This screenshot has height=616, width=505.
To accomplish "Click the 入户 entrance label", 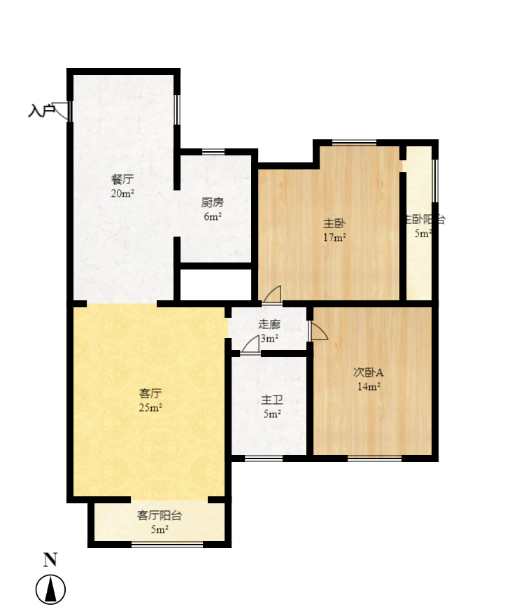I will [x=41, y=111].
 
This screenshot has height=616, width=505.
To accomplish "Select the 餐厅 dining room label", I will [x=122, y=178].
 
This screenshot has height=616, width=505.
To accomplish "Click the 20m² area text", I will [x=122, y=193].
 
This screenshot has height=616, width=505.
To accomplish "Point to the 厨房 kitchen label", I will [x=213, y=203].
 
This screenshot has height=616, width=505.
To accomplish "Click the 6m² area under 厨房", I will [x=213, y=217].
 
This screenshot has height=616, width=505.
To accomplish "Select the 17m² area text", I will [x=334, y=237].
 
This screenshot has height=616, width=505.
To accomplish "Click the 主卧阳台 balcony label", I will [x=423, y=220].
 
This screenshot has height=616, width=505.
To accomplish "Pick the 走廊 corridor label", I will [x=269, y=324].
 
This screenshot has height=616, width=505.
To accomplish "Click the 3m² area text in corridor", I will [x=269, y=339].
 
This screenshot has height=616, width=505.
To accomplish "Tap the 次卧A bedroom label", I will [x=368, y=372].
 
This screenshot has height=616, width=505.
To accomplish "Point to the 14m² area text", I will [x=368, y=386].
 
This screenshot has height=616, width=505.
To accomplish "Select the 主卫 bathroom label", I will [x=271, y=400].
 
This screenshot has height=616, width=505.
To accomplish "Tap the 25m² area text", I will [x=150, y=408].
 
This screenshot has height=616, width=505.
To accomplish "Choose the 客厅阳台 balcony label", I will [x=159, y=516].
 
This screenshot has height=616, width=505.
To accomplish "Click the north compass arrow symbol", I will [x=50, y=589].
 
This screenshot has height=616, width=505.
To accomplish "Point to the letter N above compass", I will [x=50, y=559].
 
